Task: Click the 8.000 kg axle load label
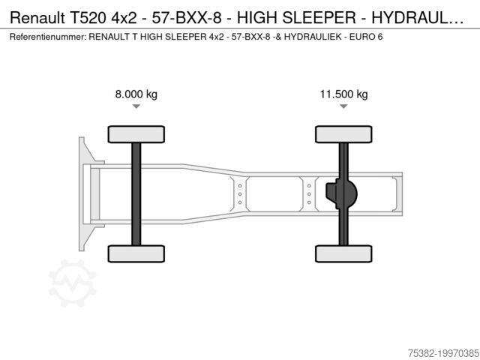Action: (x=136, y=94)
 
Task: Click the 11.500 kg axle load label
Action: (x=343, y=94)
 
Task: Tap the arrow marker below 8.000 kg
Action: (x=136, y=106)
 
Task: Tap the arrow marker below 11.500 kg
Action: (x=343, y=106)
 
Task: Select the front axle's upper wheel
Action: (x=136, y=134)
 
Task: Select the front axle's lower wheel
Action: (x=136, y=253)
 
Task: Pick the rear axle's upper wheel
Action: (x=343, y=134)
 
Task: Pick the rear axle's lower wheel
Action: (x=343, y=253)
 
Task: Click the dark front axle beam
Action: (x=136, y=194)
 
